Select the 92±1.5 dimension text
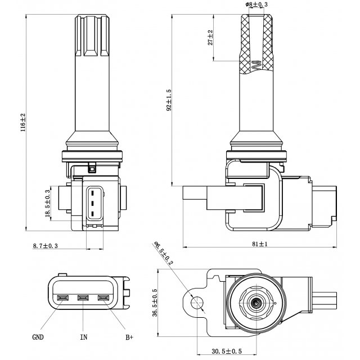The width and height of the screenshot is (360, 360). click(x=168, y=100)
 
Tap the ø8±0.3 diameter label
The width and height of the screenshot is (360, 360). click(x=256, y=4)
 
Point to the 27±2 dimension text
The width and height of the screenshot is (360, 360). click(x=210, y=37)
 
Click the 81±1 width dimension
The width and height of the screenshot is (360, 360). click(x=259, y=244)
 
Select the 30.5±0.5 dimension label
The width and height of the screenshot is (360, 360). click(x=227, y=351)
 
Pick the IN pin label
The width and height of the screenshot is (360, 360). click(x=83, y=337)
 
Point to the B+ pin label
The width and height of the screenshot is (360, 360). click(x=129, y=337)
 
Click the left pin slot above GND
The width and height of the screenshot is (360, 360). click(x=63, y=298)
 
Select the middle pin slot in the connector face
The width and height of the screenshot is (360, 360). click(x=84, y=298)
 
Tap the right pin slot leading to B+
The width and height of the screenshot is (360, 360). click(x=103, y=298)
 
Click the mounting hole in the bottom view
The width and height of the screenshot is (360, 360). click(x=197, y=303)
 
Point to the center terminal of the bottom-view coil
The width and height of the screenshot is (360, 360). click(x=255, y=303)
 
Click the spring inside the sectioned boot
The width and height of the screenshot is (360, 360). click(x=256, y=65)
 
